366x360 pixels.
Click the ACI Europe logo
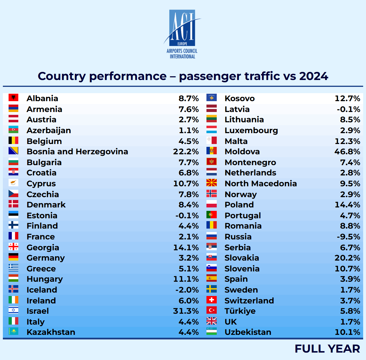click(182, 34)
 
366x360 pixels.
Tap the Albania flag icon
click(13, 98)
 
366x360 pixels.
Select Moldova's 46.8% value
click(347, 151)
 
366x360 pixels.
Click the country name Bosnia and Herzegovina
click(77, 151)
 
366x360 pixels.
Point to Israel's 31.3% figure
click(186, 311)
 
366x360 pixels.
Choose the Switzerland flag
click(212, 300)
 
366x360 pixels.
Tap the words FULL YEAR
click(327, 349)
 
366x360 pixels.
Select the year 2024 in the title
click(314, 76)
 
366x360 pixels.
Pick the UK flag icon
click(212, 321)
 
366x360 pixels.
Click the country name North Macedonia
click(261, 183)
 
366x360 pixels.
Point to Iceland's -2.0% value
click(187, 290)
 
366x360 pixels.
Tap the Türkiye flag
click(212, 310)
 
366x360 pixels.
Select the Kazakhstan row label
click(51, 332)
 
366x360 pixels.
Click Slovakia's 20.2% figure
click(347, 258)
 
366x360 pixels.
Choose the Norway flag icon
click(212, 194)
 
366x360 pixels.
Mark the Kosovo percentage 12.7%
click(347, 98)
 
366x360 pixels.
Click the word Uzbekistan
click(248, 332)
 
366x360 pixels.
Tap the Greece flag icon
click(13, 268)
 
